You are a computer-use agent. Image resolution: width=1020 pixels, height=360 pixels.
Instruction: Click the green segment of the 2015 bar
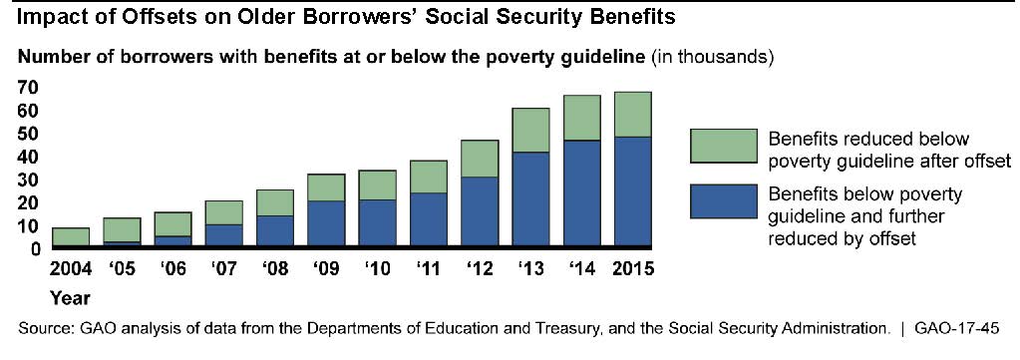632,114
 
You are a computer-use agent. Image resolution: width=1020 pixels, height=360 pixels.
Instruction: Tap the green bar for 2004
70,237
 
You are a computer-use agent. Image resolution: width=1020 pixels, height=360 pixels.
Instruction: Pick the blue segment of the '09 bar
326,223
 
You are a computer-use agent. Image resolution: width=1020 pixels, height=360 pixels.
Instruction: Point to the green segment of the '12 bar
480,159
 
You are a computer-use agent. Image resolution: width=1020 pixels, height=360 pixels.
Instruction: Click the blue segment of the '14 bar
581,193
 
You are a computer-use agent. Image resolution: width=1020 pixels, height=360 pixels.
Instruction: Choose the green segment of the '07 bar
223,212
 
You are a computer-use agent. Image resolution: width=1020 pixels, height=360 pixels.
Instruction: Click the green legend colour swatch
723,146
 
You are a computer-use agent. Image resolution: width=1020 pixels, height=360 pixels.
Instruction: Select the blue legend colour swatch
723,201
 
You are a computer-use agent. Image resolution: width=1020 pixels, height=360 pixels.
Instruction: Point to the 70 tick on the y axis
31,87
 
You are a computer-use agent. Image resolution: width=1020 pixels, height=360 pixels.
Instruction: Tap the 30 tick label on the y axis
31,180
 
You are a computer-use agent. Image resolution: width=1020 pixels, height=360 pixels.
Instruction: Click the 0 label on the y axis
36,248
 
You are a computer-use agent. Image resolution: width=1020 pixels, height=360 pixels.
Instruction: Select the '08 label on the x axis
275,268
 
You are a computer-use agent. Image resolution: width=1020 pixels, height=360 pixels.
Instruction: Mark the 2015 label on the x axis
632,268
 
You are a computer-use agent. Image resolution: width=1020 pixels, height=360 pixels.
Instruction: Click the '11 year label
428,268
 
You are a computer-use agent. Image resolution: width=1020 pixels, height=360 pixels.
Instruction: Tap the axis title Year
70,299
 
